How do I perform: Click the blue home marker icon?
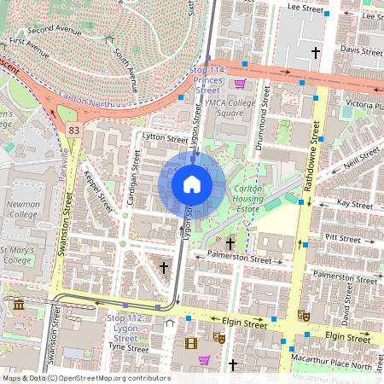[x=192, y=184]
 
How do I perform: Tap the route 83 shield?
[x=75, y=130]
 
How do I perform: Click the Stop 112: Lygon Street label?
[x=125, y=329]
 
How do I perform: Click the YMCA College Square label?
[x=231, y=107]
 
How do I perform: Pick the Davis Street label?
[x=360, y=49]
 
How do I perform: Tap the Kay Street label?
[x=354, y=205]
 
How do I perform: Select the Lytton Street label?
[x=166, y=137]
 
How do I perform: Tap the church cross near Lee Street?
[x=315, y=53]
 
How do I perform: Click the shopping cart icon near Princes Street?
[x=241, y=84]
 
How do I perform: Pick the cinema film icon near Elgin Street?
[x=190, y=344]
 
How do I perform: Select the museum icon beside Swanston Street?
[x=18, y=305]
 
